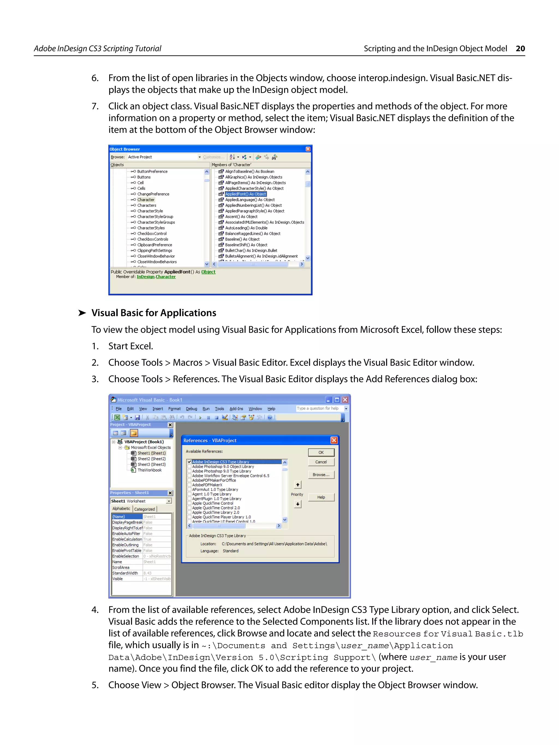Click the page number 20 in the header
(520, 49)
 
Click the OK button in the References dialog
(321, 452)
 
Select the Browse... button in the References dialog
(321, 475)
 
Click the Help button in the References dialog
(321, 497)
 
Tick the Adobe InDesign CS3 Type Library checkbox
(189, 462)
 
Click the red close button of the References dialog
(334, 440)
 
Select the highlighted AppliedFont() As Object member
(246, 194)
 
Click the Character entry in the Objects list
(145, 200)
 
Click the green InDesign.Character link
(156, 277)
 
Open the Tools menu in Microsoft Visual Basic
(219, 409)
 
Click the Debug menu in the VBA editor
(191, 409)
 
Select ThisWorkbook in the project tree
(149, 470)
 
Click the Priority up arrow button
(298, 485)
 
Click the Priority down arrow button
(298, 504)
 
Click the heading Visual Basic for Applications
(154, 313)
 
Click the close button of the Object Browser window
(308, 149)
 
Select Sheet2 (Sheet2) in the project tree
(151, 459)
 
